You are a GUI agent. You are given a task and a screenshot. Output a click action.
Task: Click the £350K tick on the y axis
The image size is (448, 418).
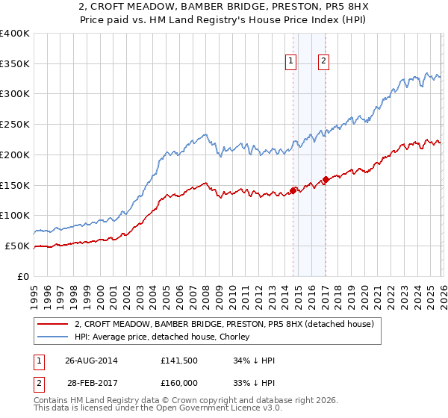coord(15,63)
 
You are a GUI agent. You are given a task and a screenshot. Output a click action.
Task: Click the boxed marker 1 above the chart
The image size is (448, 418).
coord(290,62)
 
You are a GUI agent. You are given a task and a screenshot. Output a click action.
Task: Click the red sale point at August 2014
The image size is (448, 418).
coord(293,190)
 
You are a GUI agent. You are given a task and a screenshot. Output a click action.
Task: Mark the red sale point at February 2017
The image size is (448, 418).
coord(326,179)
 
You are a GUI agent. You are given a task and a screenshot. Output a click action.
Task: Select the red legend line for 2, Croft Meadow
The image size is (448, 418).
coord(52,324)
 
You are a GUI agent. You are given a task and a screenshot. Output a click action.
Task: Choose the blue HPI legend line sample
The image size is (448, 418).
coord(52,337)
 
